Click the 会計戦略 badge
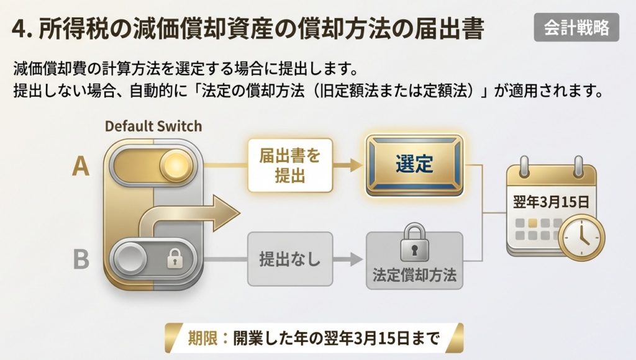576,27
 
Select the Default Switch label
153,126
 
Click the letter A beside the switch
81,166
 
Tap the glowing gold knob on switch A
175,166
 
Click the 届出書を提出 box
289,165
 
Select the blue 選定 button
414,165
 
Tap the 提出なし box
289,259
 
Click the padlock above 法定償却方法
414,242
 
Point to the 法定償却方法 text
414,274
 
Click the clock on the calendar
581,237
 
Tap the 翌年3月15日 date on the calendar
551,203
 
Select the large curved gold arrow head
225,212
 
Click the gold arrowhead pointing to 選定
356,165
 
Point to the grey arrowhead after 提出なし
356,259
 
